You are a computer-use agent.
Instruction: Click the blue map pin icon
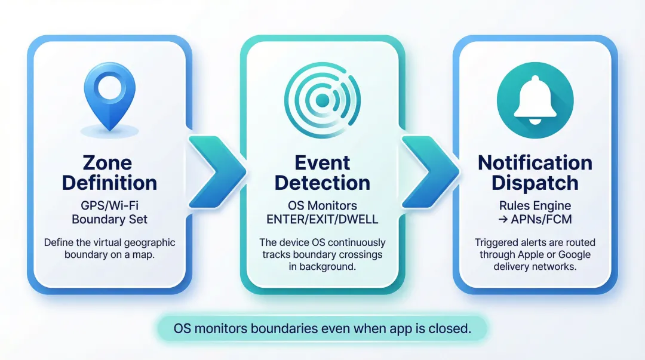(x=110, y=96)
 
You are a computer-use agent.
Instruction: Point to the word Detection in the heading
(x=322, y=183)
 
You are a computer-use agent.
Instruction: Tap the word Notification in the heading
(x=535, y=163)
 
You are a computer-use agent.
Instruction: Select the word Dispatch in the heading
(x=535, y=183)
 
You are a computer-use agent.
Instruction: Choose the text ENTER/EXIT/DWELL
(x=322, y=219)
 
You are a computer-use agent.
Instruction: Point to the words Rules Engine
(x=535, y=205)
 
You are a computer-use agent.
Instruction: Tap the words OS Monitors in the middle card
(x=322, y=205)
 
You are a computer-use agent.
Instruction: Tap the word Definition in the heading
(x=110, y=183)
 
